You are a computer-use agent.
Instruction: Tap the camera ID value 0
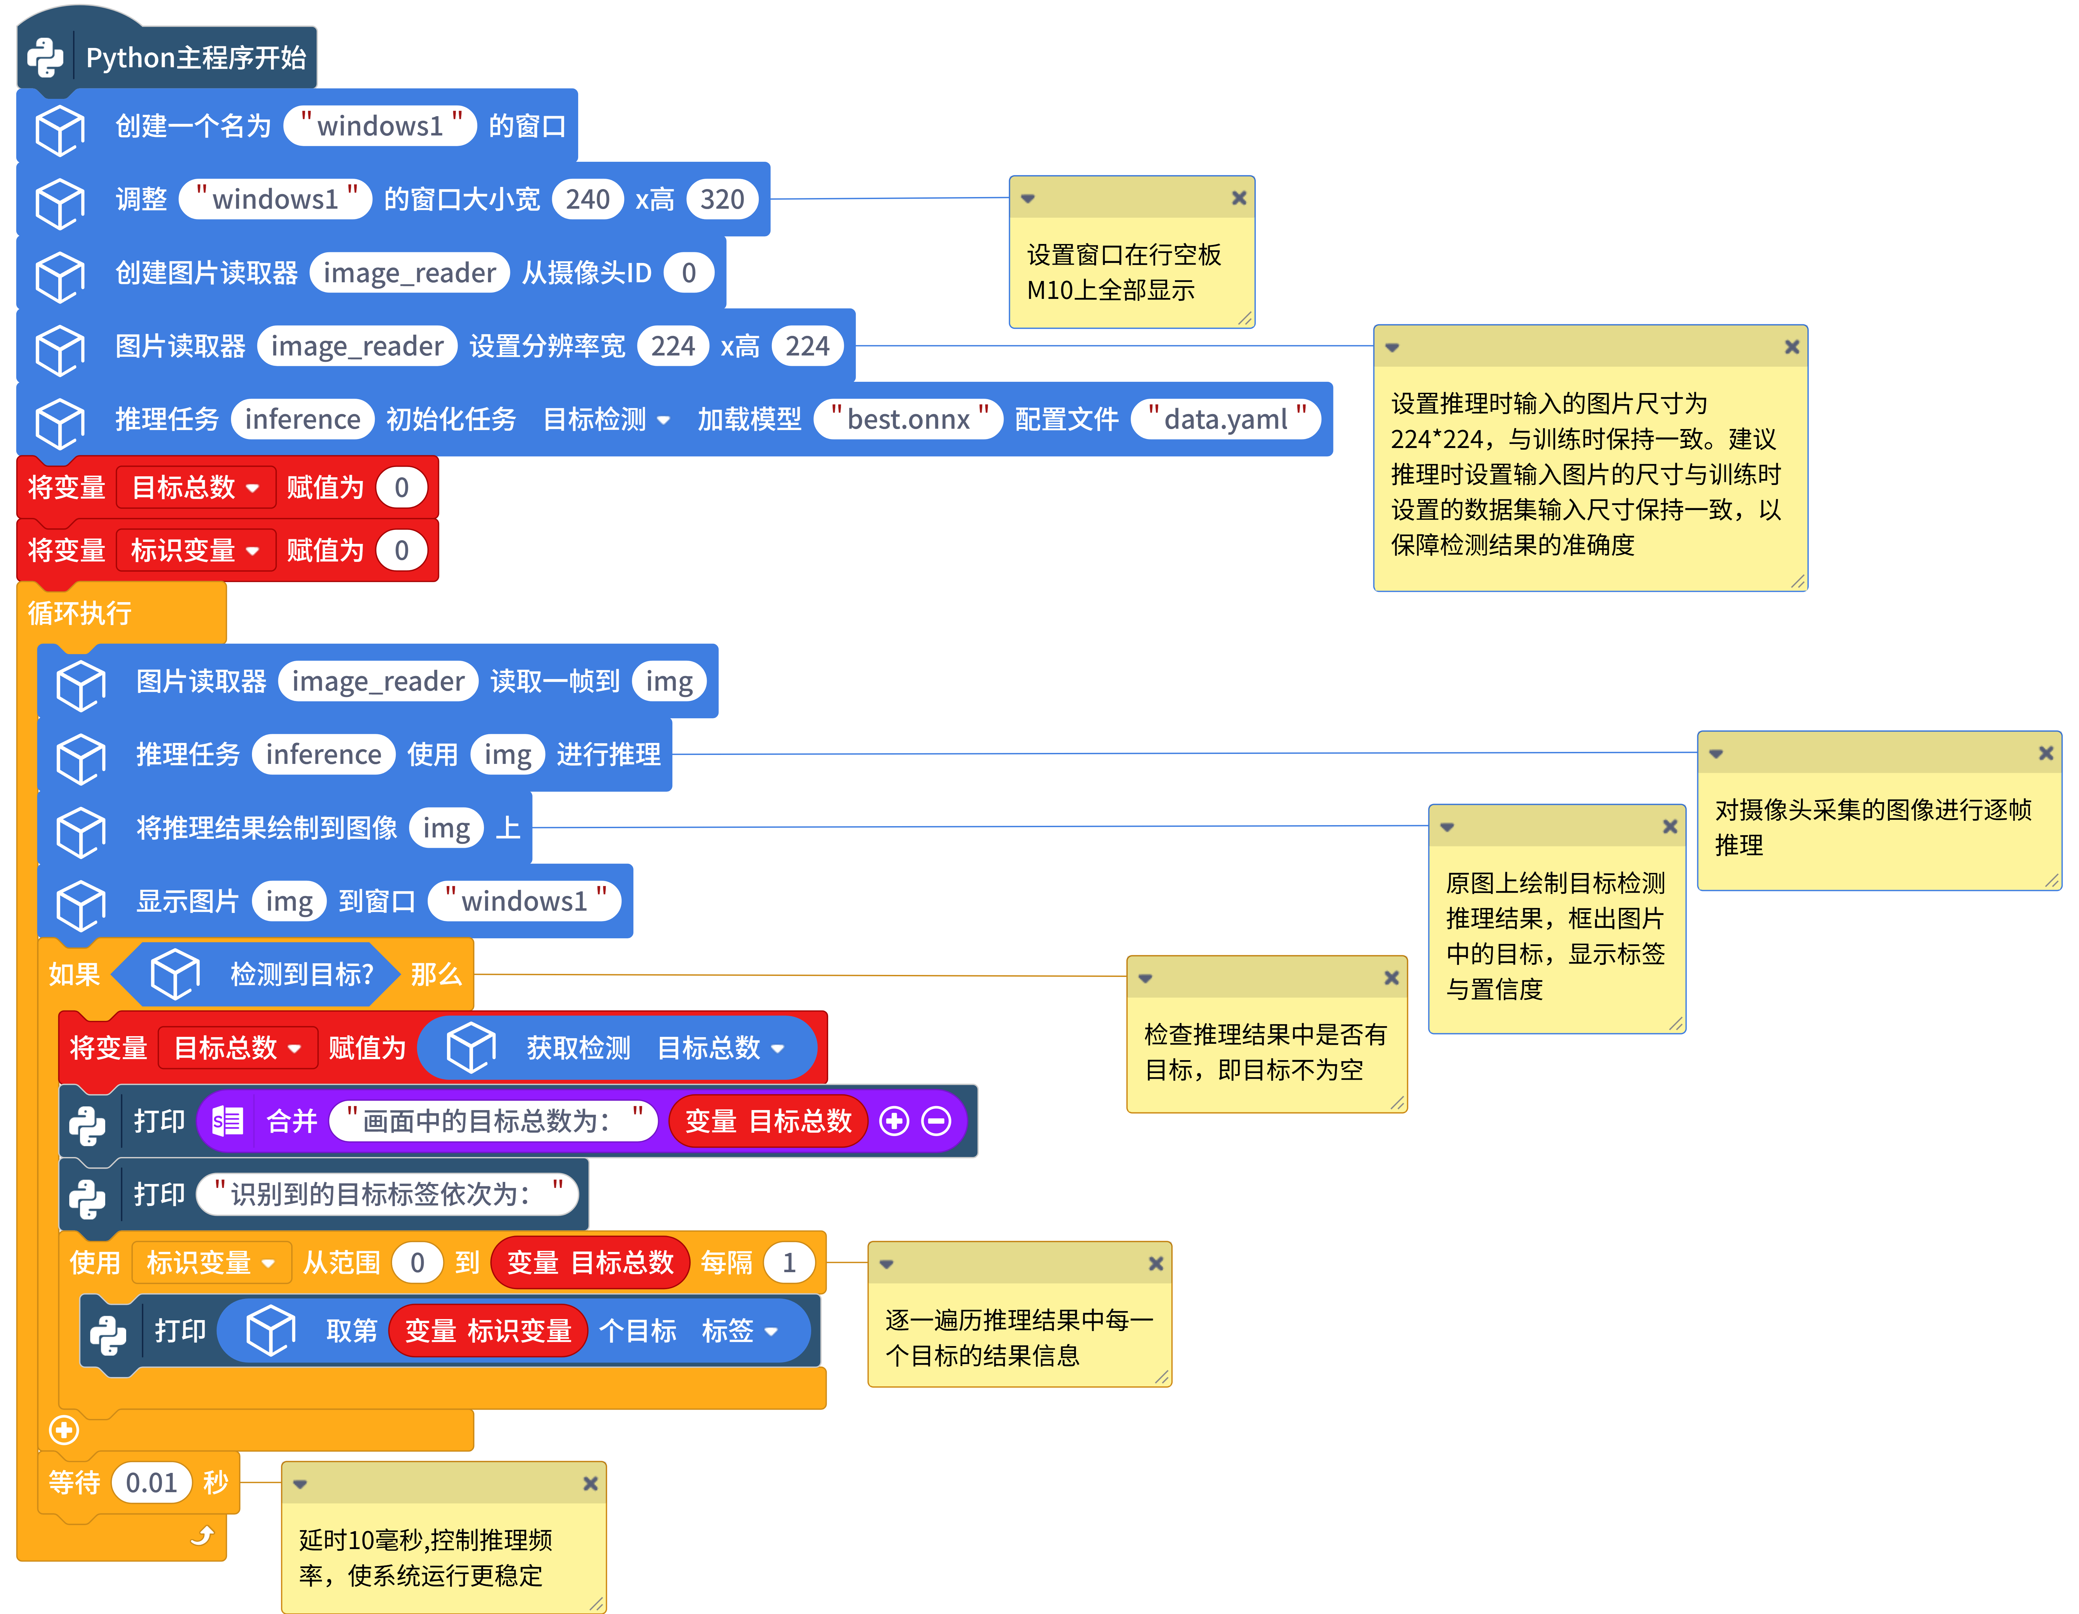click(x=688, y=273)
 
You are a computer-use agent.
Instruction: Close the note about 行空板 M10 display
click(x=1239, y=198)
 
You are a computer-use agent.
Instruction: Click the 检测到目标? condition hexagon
click(x=257, y=974)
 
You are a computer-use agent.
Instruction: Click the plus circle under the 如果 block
click(x=64, y=1429)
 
